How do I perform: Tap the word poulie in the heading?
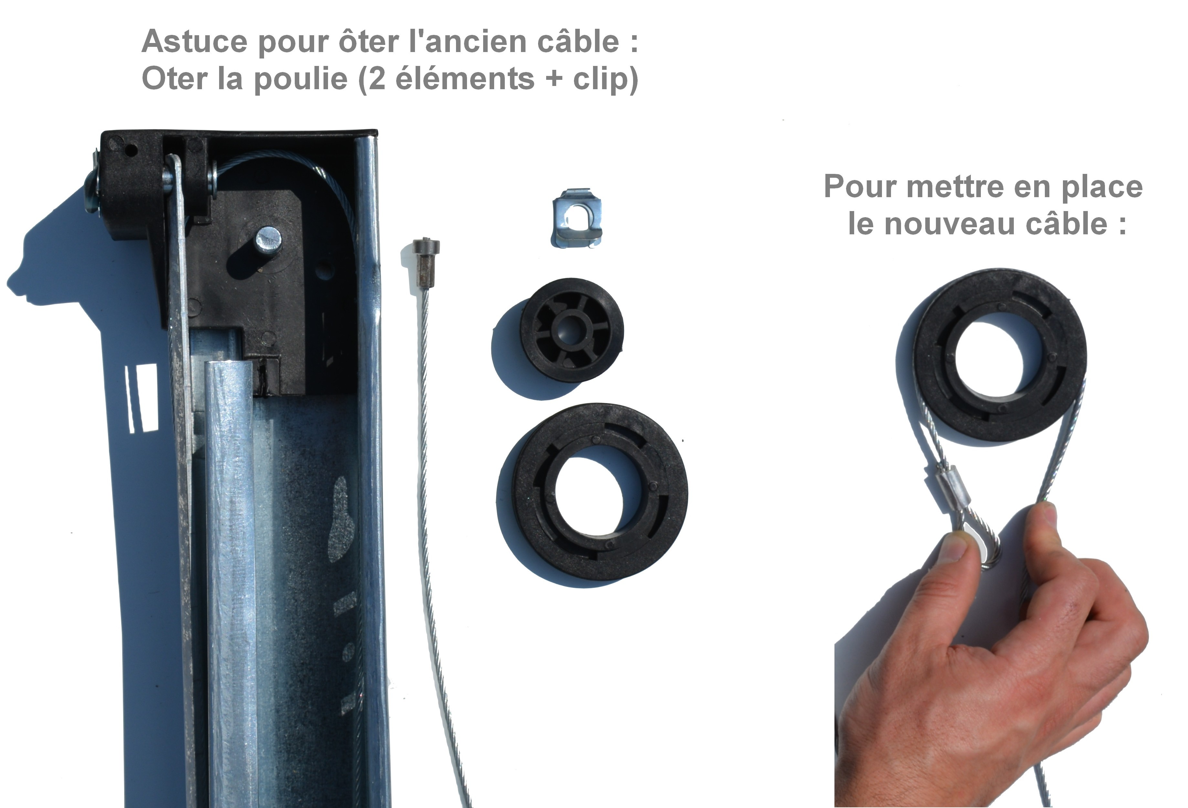click(301, 79)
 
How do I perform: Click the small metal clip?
click(577, 218)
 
